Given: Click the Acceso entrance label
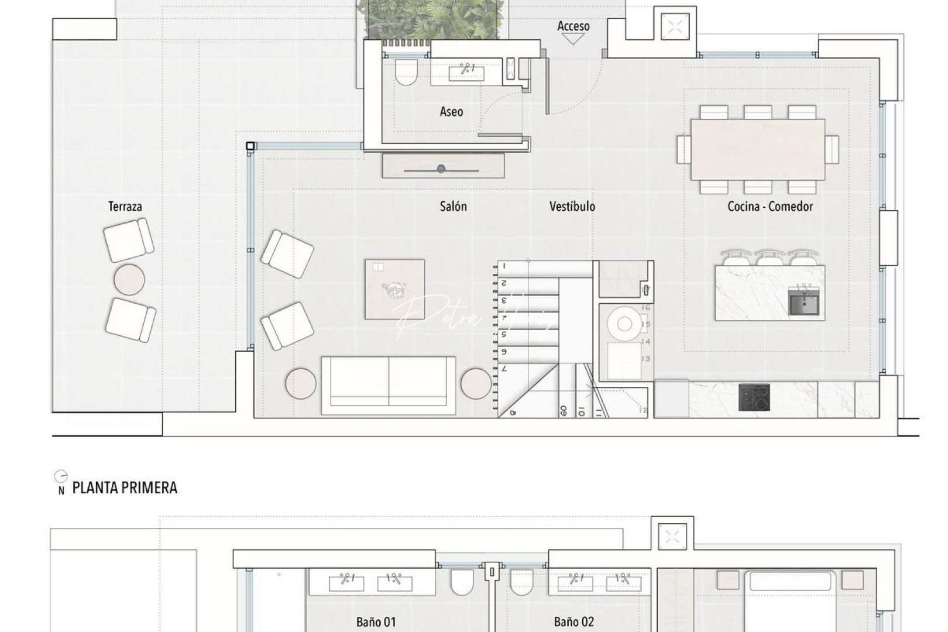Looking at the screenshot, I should coord(573,26).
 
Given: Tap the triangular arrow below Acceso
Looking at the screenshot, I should coord(572,39).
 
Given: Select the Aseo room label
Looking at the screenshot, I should coord(451,112).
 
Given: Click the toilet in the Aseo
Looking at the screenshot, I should coord(406,73).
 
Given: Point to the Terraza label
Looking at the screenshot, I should coord(125,207).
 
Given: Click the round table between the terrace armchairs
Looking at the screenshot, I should coord(129,280).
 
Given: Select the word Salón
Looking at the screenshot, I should coord(453,207).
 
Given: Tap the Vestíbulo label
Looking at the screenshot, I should coord(572,207).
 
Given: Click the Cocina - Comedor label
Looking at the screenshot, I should coord(770,207).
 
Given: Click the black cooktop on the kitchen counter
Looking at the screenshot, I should coord(754,397).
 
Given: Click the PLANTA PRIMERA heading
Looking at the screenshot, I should coord(125,488).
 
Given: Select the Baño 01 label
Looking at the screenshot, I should coord(376,622).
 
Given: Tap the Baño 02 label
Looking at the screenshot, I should coord(573,622).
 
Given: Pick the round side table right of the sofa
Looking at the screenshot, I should coord(476,384).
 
